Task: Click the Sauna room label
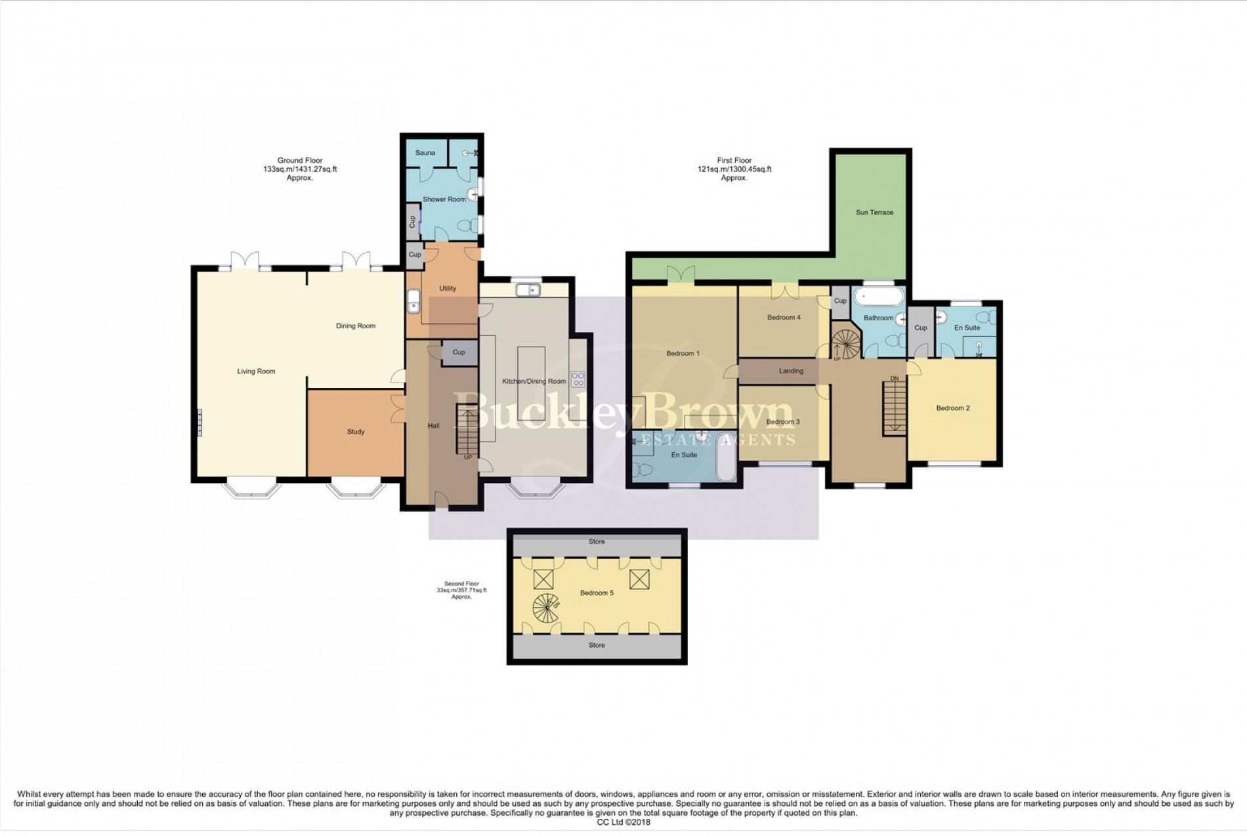(x=425, y=153)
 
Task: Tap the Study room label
(x=356, y=432)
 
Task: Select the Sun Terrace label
(x=874, y=213)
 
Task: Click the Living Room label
(x=256, y=371)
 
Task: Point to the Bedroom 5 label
(x=597, y=593)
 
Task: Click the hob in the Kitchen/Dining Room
(x=578, y=379)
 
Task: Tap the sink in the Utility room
(x=413, y=302)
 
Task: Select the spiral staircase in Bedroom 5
(x=545, y=608)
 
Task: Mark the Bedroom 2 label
(x=952, y=408)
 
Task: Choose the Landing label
(x=791, y=371)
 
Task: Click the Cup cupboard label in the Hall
(x=459, y=352)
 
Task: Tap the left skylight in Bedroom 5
(x=543, y=579)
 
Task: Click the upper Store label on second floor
(x=597, y=542)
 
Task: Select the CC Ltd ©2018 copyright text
(x=623, y=822)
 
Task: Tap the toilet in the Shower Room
(x=467, y=226)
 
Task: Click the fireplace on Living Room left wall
(x=200, y=422)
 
